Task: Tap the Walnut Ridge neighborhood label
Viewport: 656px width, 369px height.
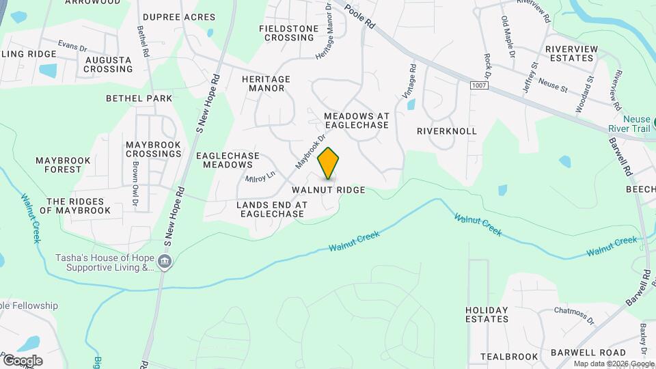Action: (328, 189)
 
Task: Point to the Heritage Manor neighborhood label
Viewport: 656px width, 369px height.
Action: (266, 83)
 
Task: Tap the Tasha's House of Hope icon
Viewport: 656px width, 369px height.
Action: (164, 262)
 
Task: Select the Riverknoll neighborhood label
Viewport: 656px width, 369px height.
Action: (446, 131)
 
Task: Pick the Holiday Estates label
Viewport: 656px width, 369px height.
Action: (487, 314)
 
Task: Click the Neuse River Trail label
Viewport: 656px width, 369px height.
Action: (631, 124)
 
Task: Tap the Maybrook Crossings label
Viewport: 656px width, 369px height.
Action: (153, 150)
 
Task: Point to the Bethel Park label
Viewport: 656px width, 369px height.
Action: (139, 98)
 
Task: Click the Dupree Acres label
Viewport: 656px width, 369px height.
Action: (179, 17)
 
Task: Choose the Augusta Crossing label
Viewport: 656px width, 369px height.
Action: (108, 64)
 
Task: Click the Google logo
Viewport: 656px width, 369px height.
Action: (22, 360)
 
